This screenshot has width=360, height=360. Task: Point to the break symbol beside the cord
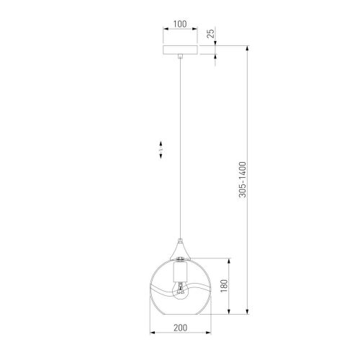pos(160,150)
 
